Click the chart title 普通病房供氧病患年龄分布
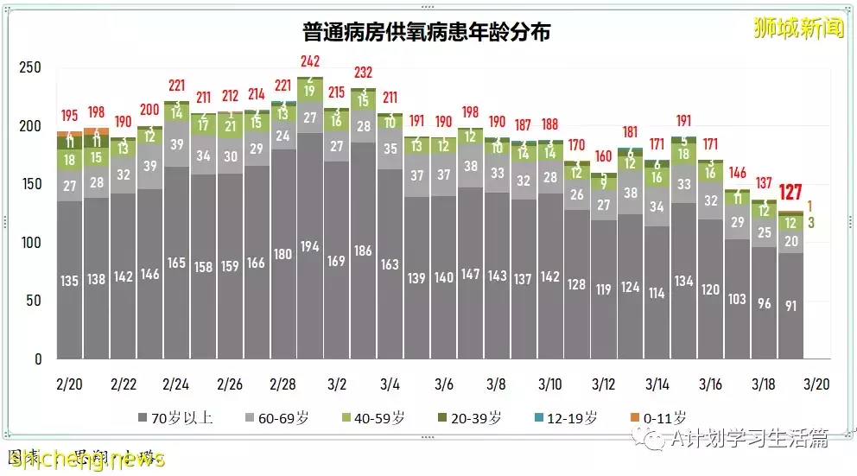point(427,33)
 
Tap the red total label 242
point(310,62)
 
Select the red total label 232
point(363,73)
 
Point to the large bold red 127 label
point(792,193)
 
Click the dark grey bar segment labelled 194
point(310,246)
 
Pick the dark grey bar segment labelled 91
point(790,305)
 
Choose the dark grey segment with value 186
point(364,251)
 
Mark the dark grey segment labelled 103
point(737,299)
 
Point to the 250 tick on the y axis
point(30,67)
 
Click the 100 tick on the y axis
point(30,243)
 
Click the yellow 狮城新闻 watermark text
point(798,28)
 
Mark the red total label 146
point(737,173)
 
